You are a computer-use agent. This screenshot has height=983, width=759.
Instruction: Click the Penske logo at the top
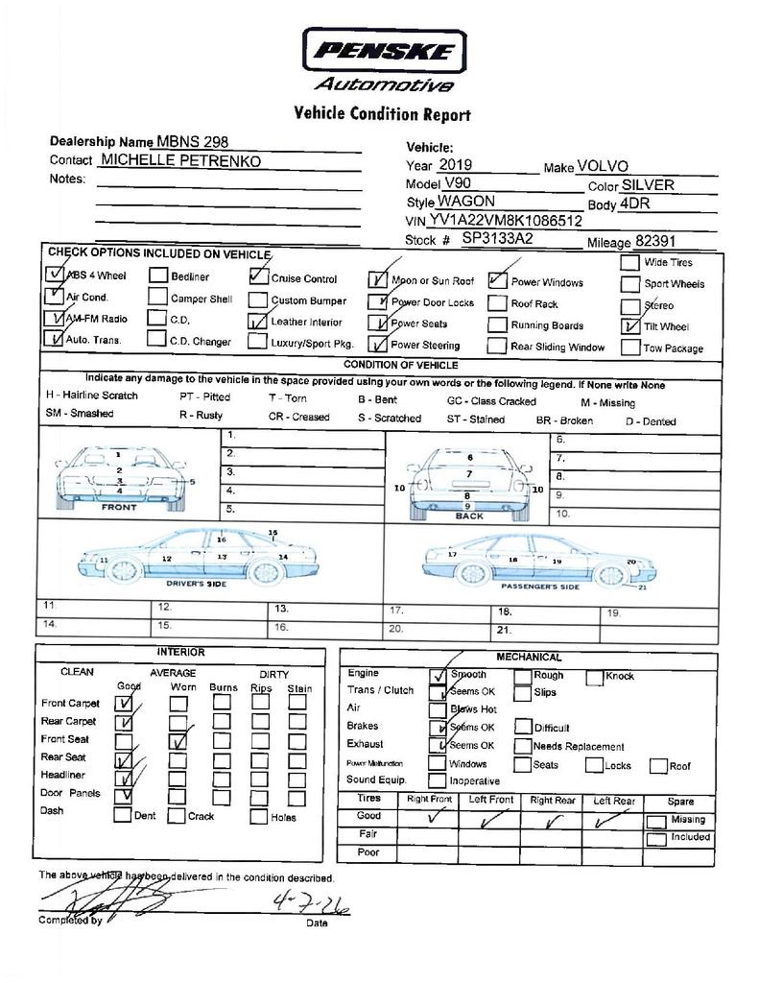coord(385,50)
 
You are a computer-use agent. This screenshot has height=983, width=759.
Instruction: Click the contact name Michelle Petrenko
coord(180,160)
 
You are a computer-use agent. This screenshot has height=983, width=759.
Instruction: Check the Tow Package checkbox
coord(629,348)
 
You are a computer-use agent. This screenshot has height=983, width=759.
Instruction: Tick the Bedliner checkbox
coord(157,276)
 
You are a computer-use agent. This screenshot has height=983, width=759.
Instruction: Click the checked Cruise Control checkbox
coord(257,276)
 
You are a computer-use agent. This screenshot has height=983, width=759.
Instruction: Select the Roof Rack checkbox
coord(497,303)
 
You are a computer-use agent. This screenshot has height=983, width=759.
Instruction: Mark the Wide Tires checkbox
coord(629,262)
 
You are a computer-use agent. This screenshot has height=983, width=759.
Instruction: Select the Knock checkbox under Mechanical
coord(593,676)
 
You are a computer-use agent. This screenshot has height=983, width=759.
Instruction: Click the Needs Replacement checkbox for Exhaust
coord(522,746)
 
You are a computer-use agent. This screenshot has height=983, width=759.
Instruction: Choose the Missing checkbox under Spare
coord(656,822)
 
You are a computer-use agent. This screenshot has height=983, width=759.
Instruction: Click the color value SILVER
coord(648,185)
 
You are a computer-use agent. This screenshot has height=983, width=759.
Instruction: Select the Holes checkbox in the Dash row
coord(258,816)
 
